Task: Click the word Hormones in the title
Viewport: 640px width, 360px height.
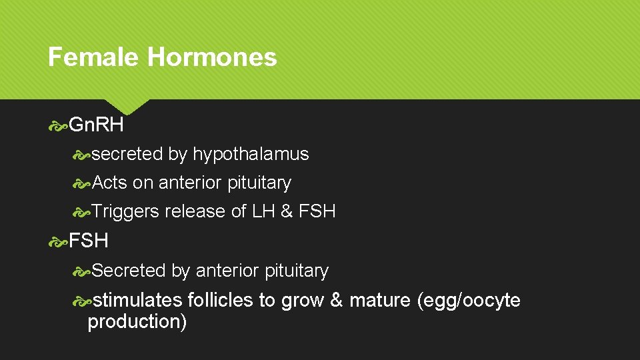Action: click(x=211, y=57)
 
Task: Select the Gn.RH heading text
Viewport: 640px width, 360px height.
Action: click(x=97, y=125)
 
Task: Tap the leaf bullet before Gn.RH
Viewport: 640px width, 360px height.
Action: click(x=58, y=125)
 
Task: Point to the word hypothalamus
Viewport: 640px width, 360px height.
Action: click(x=251, y=154)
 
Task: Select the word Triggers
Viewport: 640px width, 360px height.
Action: click(x=126, y=211)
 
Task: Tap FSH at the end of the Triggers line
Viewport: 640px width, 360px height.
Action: click(x=317, y=211)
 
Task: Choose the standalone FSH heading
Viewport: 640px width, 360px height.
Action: click(x=89, y=240)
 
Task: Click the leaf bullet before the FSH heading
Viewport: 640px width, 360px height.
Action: click(x=58, y=241)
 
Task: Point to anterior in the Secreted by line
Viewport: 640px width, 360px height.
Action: click(x=227, y=271)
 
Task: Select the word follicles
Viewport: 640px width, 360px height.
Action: click(x=221, y=300)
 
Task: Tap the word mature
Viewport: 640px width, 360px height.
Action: click(x=379, y=300)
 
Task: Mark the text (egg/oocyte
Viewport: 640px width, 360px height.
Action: click(x=469, y=300)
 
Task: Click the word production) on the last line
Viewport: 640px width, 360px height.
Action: click(x=137, y=321)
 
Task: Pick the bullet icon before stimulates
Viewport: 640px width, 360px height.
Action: click(x=83, y=301)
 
